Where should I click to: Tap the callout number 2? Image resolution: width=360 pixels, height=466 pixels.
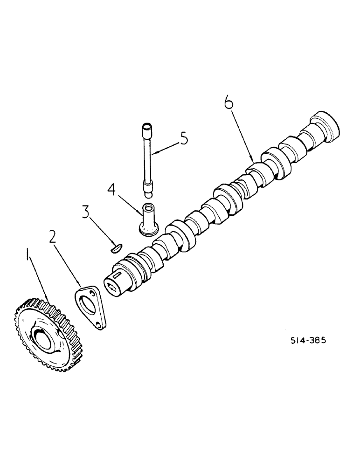pyautogui.click(x=53, y=237)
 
